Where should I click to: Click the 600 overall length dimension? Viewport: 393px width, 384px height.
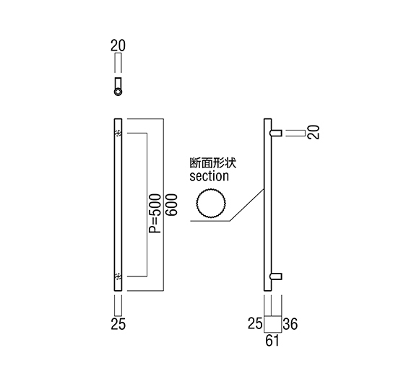tap(172, 205)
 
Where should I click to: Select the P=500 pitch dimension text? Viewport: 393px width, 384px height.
tap(155, 214)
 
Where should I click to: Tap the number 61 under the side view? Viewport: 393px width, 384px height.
tap(272, 341)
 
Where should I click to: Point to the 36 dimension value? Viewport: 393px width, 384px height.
tap(290, 324)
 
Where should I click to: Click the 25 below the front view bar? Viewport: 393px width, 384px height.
tap(118, 324)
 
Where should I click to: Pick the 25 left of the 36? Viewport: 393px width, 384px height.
tap(255, 323)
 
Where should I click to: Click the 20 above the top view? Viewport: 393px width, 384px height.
tap(118, 46)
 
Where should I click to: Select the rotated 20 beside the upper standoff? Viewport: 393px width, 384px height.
tap(314, 132)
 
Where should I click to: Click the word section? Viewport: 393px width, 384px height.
tap(210, 176)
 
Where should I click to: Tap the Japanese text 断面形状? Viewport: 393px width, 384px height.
tap(213, 163)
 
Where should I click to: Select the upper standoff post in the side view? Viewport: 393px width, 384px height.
tap(276, 133)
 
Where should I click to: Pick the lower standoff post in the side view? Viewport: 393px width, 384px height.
tap(276, 276)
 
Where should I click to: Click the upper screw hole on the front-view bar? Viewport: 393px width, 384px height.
tap(118, 133)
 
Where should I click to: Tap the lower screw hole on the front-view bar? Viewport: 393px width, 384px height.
tap(118, 276)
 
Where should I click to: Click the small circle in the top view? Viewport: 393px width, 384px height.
tap(118, 92)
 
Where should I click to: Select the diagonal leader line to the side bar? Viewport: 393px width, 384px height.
tap(247, 205)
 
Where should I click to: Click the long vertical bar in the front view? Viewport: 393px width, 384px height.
tap(118, 205)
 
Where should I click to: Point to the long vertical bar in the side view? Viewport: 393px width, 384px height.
tap(268, 205)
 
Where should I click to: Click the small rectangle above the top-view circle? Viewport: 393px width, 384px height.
tap(118, 83)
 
